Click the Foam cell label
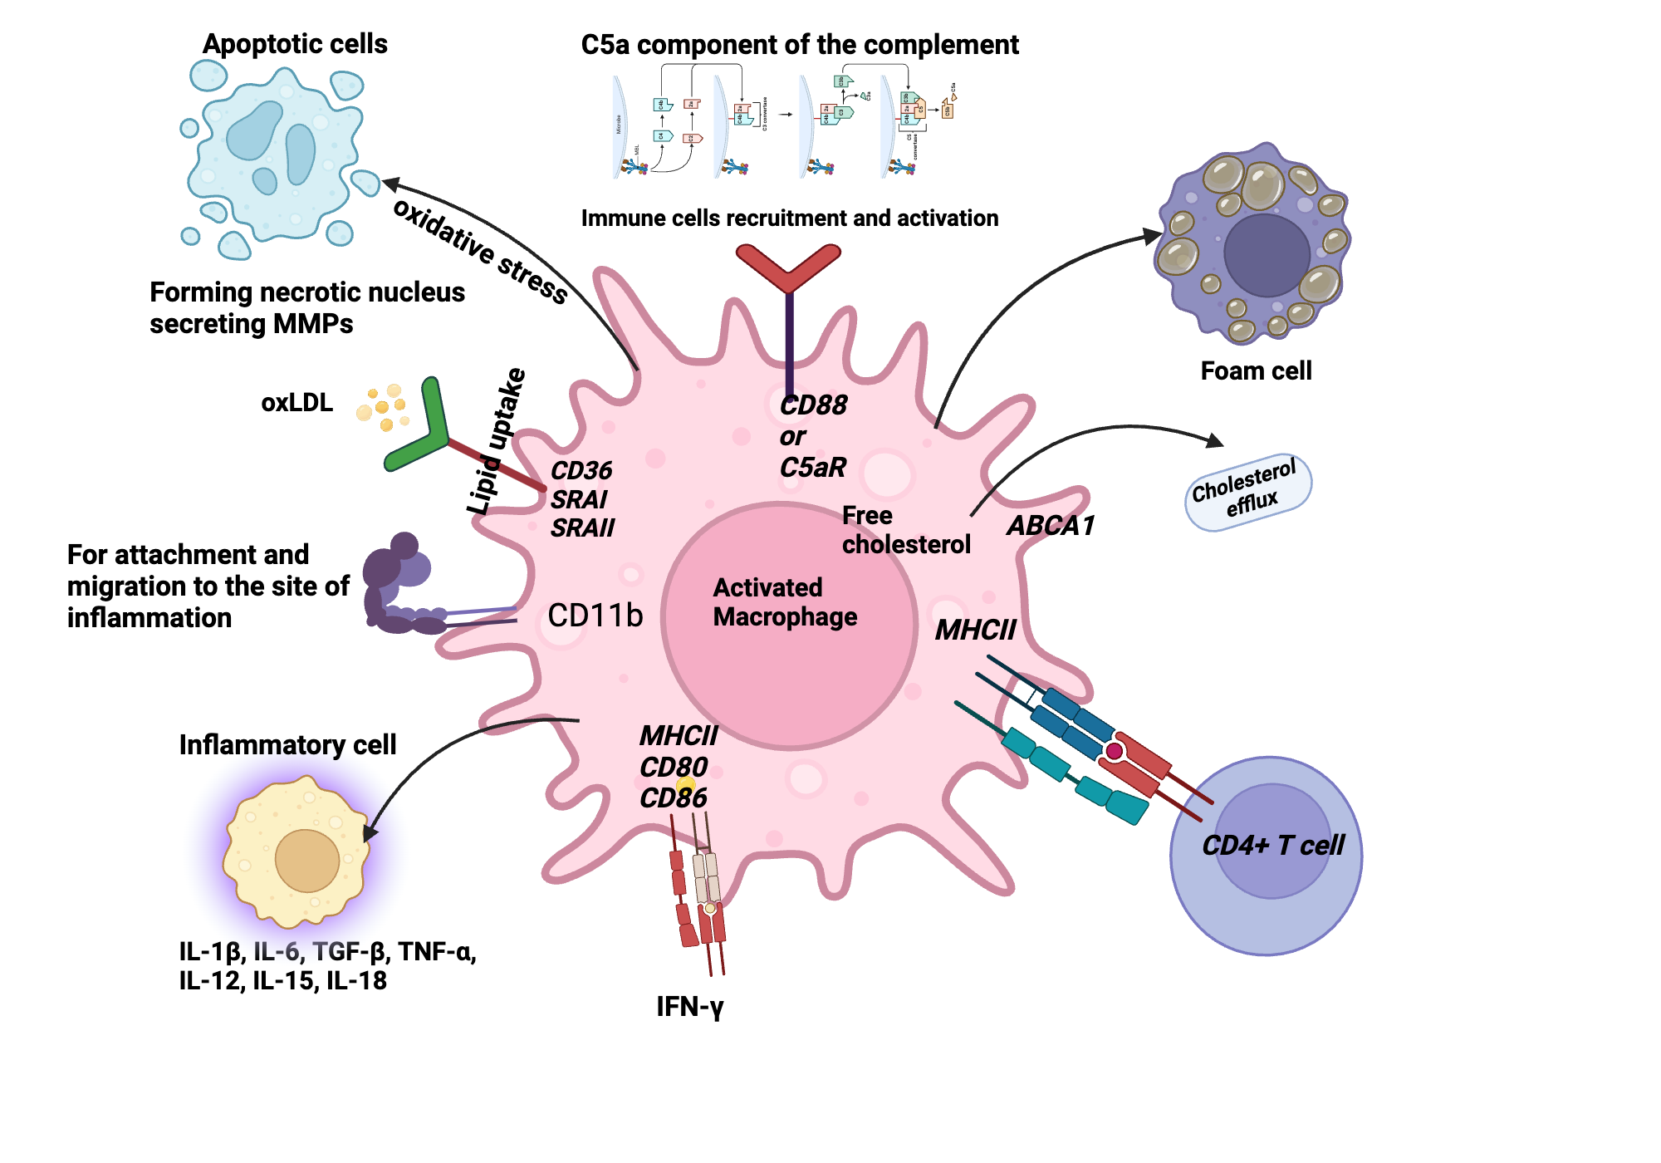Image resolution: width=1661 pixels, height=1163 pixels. [1256, 370]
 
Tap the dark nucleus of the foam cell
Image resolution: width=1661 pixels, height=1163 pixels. [1266, 255]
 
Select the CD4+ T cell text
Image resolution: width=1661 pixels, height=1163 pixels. [1272, 846]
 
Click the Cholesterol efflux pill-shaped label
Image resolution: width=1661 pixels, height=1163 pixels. [1247, 492]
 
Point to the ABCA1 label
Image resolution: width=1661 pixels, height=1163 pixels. [1051, 526]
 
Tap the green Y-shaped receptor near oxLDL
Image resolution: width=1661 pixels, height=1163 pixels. [424, 428]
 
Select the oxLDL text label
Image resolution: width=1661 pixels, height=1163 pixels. [296, 403]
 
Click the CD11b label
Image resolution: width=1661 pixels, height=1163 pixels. [595, 616]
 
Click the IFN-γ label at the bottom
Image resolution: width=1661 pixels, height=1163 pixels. [690, 1007]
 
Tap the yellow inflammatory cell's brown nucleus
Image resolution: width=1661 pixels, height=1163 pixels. [306, 861]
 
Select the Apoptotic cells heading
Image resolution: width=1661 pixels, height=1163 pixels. [295, 44]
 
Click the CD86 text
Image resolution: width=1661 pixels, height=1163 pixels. [673, 798]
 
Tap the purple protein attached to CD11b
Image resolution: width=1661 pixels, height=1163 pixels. [397, 586]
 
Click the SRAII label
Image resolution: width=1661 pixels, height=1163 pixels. [582, 528]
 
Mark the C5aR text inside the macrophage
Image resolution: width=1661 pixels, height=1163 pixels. [812, 468]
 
